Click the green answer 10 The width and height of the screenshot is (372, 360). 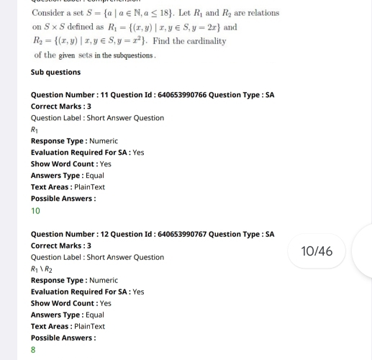click(x=35, y=211)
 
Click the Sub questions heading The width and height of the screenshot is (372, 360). click(x=55, y=72)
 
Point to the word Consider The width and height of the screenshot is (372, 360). click(x=51, y=13)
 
